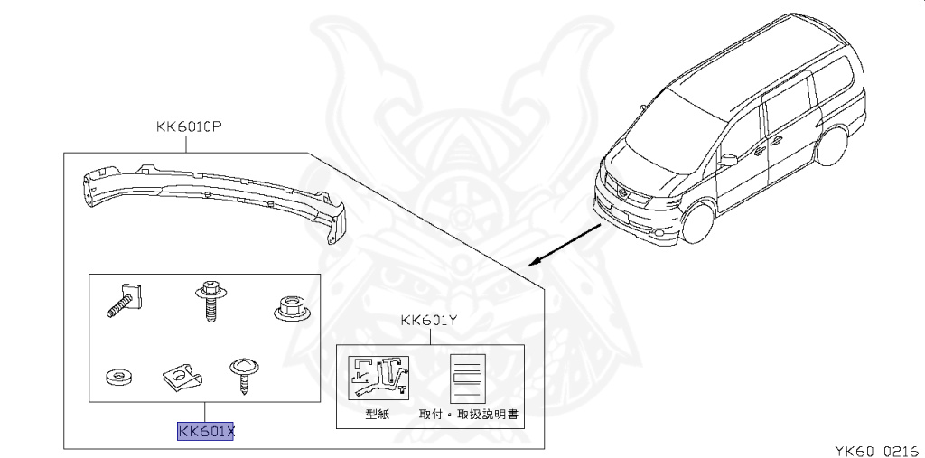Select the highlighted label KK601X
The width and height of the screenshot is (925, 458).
click(x=206, y=432)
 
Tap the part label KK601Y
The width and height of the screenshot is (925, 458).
click(x=430, y=320)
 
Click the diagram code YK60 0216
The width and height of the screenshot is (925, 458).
click(x=870, y=447)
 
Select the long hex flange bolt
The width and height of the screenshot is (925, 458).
click(x=209, y=300)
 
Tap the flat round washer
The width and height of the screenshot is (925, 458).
click(x=117, y=375)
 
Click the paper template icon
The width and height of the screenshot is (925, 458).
click(x=379, y=378)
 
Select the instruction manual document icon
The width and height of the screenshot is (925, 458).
click(x=469, y=378)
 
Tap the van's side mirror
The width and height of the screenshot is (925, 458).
click(x=729, y=159)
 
